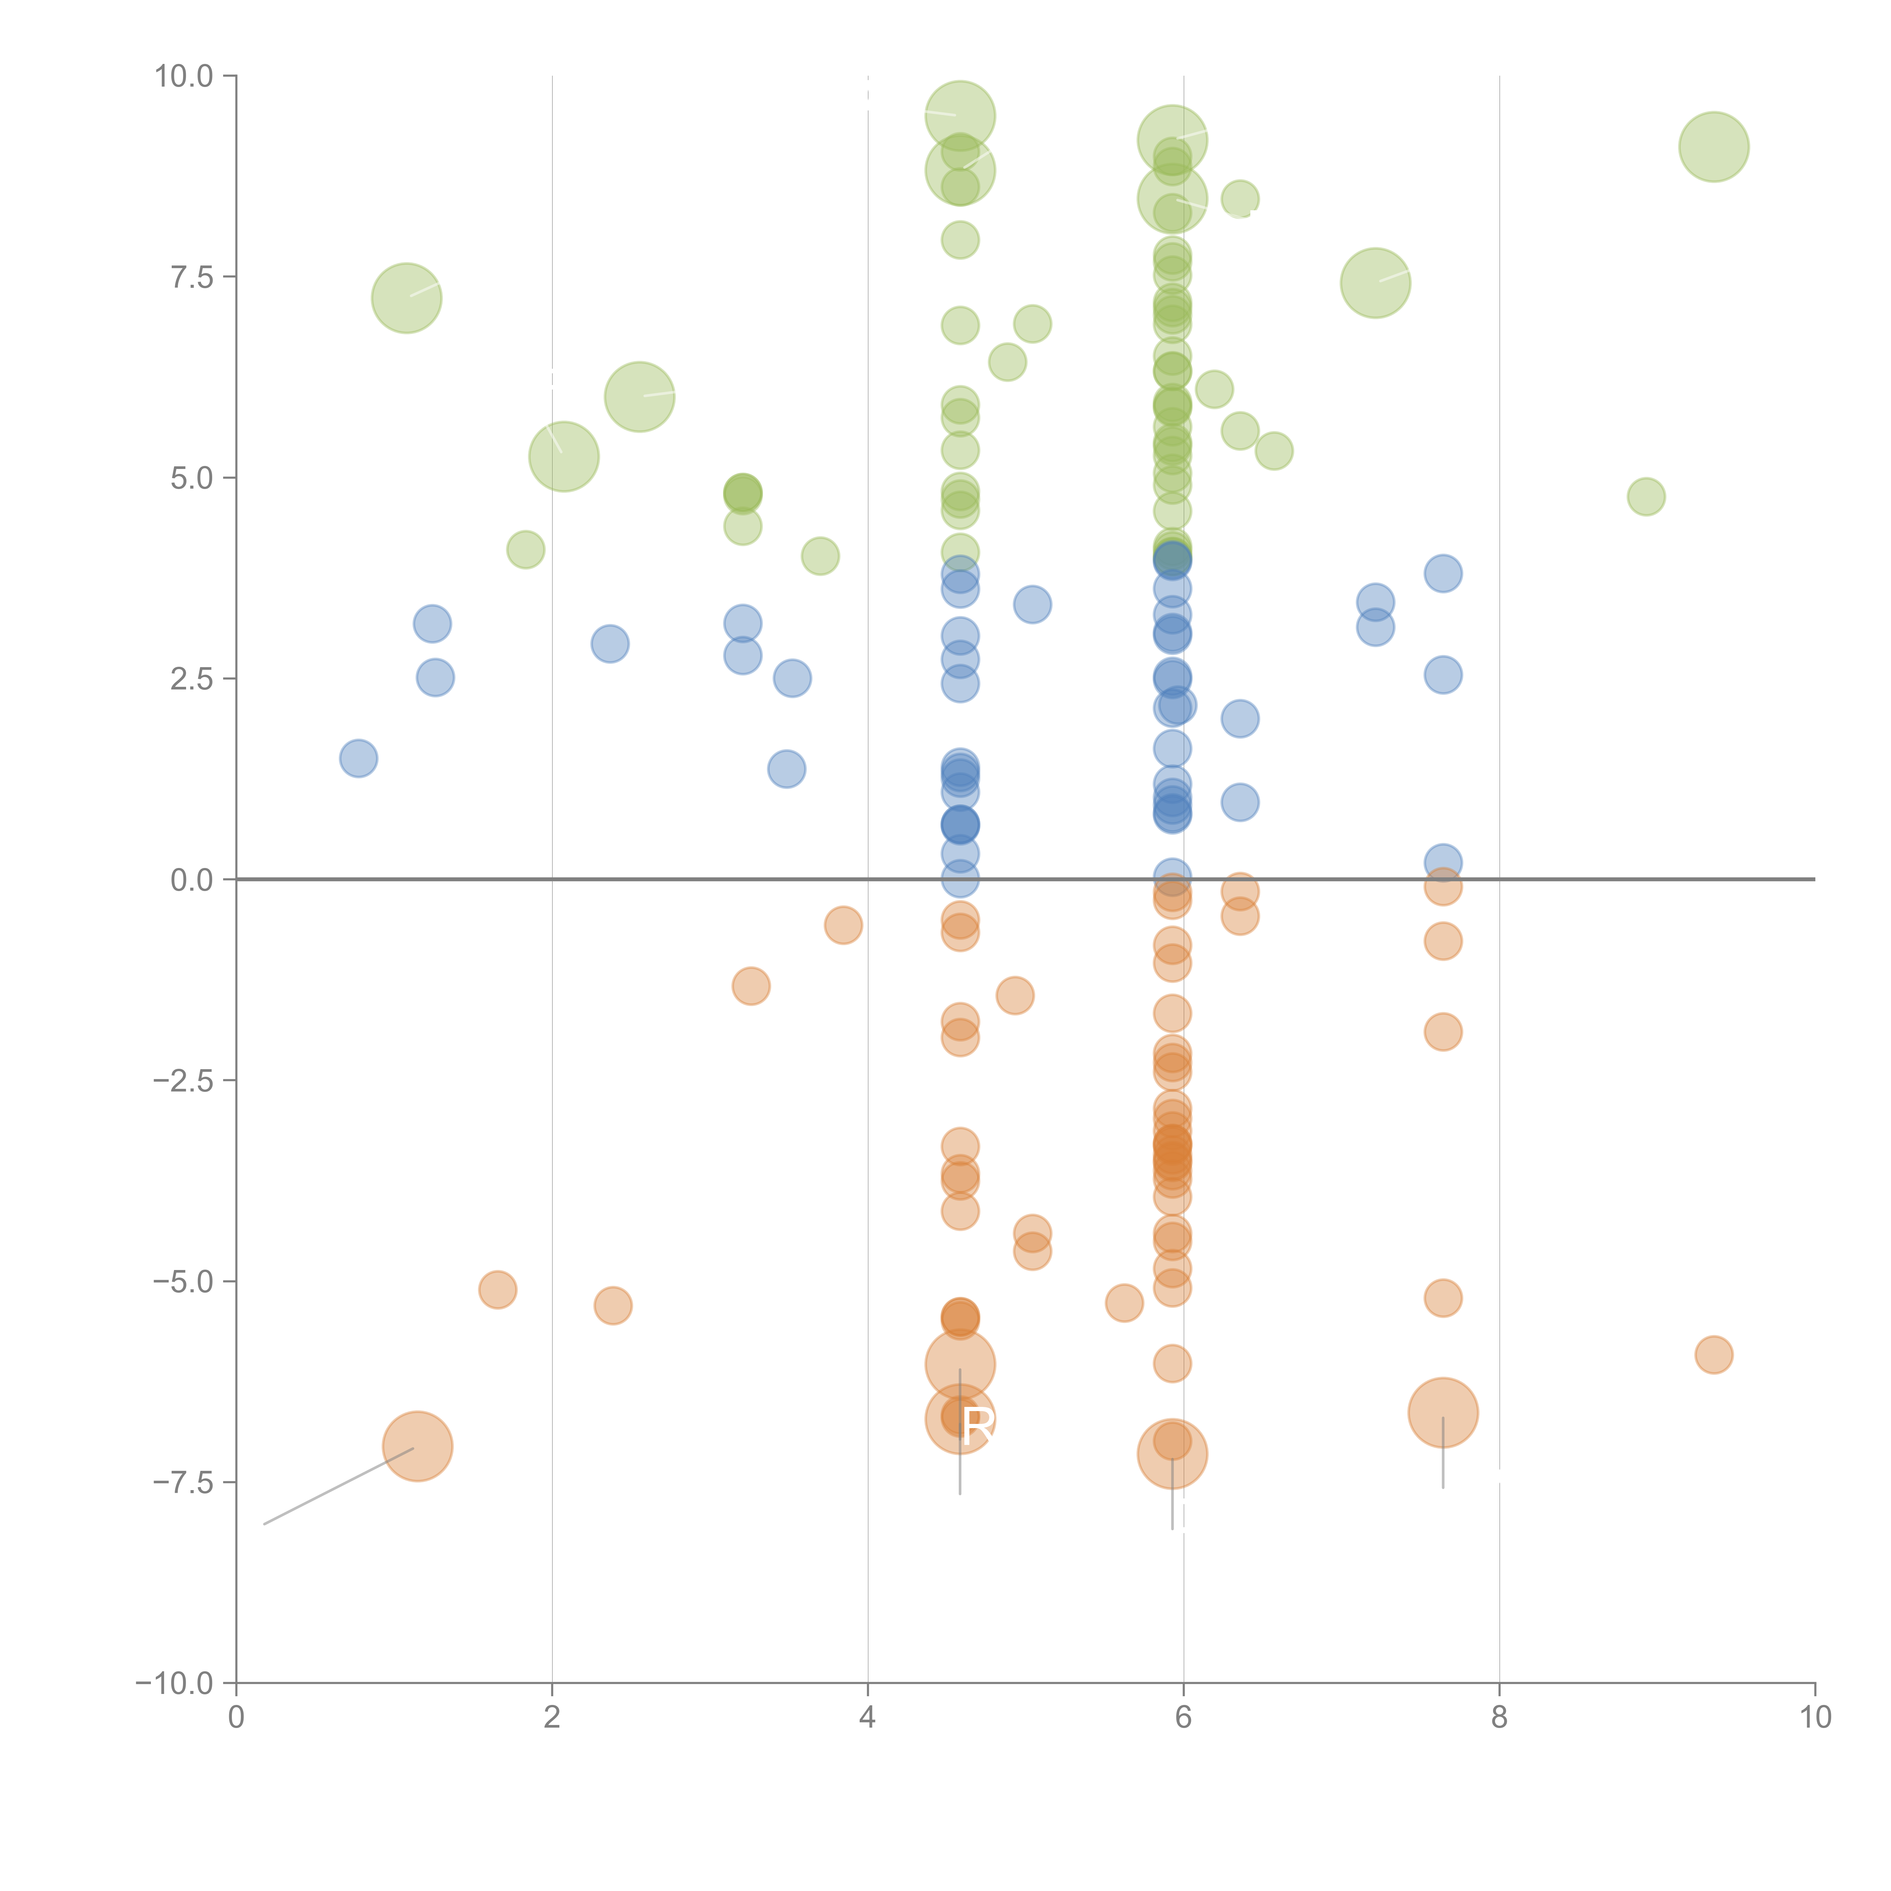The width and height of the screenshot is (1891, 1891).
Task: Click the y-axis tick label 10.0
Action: pyautogui.click(x=184, y=76)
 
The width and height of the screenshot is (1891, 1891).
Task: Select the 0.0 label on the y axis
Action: pyautogui.click(x=192, y=880)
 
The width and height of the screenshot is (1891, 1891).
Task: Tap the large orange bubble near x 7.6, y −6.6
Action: pyautogui.click(x=1443, y=1412)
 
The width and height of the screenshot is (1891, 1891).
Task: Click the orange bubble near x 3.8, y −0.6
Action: pyautogui.click(x=843, y=925)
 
